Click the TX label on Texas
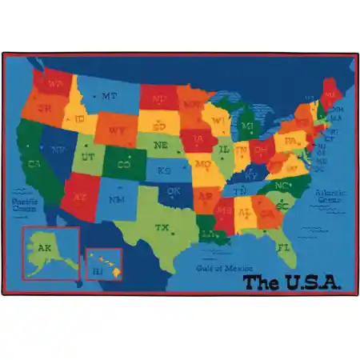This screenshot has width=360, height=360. click(x=162, y=228)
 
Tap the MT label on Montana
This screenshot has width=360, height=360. click(x=109, y=97)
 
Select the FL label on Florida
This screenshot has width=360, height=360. click(x=283, y=246)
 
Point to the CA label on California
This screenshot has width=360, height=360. click(x=34, y=164)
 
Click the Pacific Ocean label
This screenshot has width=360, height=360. click(x=25, y=203)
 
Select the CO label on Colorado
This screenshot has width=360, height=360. click(x=124, y=165)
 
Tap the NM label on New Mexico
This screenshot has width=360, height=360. click(x=117, y=198)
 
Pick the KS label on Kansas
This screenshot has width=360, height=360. click(x=164, y=170)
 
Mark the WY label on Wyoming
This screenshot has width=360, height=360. click(x=116, y=130)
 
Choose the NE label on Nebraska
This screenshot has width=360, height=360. click(x=161, y=146)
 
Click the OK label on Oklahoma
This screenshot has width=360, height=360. click(x=174, y=191)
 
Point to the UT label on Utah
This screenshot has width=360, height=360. click(x=88, y=157)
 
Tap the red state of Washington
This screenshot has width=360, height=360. click(x=54, y=83)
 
